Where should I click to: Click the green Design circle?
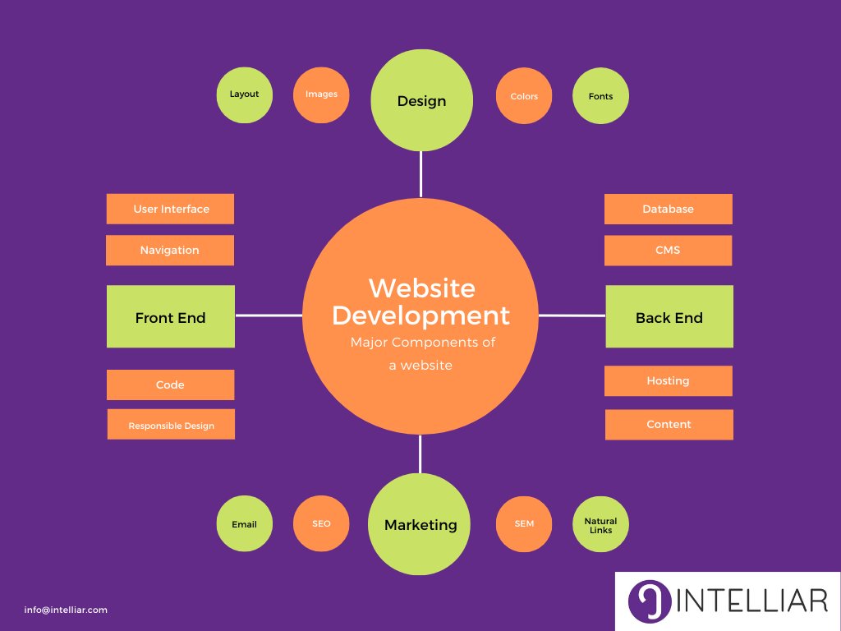tap(421, 100)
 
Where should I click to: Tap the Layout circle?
tap(244, 94)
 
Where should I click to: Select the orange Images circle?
tap(321, 94)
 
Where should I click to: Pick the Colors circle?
tap(524, 96)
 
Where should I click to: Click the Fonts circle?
tap(600, 96)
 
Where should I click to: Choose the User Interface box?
tap(171, 209)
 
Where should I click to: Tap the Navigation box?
tap(170, 251)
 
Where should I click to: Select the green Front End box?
tap(171, 317)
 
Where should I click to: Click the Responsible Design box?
tap(171, 425)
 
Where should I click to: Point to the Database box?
tap(668, 209)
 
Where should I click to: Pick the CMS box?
tap(668, 251)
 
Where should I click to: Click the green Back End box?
tap(669, 317)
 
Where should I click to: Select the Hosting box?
tap(668, 381)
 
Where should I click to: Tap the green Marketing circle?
tap(420, 524)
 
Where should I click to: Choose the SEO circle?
tap(321, 523)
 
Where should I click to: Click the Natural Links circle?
tap(600, 524)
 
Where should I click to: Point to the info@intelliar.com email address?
tap(66, 610)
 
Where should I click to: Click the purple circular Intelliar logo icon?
tap(650, 601)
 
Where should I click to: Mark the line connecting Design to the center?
tap(420, 174)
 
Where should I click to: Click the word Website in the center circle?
tap(421, 288)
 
